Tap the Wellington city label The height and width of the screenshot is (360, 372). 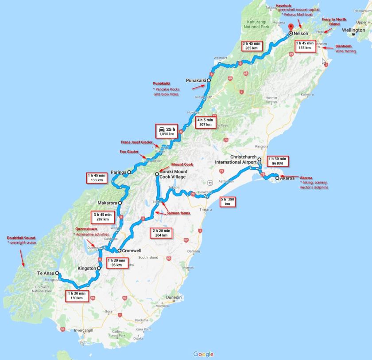pyautogui.click(x=353, y=30)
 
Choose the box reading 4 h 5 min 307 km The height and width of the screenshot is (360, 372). pyautogui.click(x=205, y=122)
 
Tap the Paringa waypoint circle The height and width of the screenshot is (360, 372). pyautogui.click(x=129, y=172)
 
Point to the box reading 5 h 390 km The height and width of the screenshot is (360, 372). pyautogui.click(x=228, y=202)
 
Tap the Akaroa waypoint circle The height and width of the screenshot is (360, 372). pyautogui.click(x=277, y=178)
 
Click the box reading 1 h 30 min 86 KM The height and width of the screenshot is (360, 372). pyautogui.click(x=278, y=161)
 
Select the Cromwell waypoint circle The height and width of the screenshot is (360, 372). pyautogui.click(x=119, y=250)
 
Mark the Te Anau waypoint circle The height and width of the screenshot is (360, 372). pyautogui.click(x=57, y=274)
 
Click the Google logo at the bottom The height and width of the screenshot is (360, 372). pyautogui.click(x=203, y=354)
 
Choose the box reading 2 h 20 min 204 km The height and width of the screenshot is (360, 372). pyautogui.click(x=160, y=233)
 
